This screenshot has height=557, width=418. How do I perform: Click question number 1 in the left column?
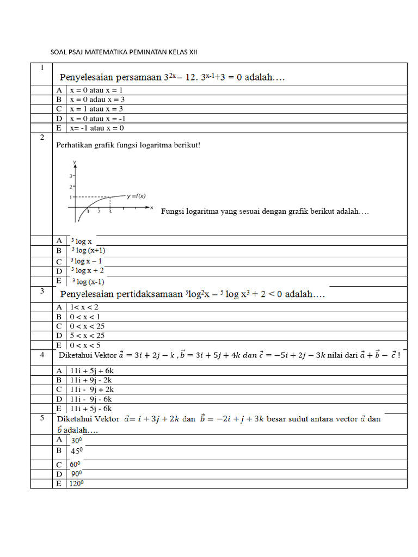41,67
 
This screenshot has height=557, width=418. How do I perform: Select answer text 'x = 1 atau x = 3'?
97,109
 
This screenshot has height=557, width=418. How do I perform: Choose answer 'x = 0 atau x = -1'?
99,119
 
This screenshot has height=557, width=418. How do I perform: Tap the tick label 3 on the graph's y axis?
71,176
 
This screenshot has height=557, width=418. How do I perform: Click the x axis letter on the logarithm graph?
152,207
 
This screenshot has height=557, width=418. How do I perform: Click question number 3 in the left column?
41,292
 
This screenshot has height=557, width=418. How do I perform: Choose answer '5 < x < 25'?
87,336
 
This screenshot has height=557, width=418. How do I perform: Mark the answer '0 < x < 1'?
85,317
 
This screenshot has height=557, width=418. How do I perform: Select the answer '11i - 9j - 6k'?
91,399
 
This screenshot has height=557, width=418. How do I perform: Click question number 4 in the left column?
41,354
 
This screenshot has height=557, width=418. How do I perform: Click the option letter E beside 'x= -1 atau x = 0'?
59,128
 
